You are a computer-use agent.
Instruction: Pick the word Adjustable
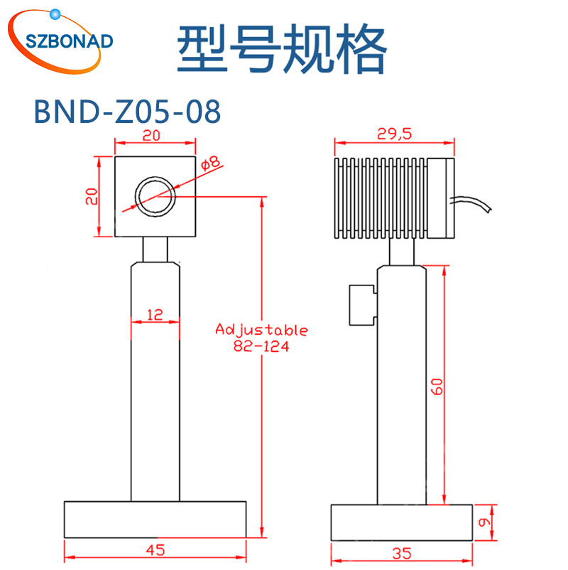coord(261,330)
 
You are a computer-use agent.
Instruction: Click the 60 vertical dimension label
coord(437,386)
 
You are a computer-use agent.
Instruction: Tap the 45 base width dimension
coord(155,549)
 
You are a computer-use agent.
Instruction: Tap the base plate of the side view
coord(402,521)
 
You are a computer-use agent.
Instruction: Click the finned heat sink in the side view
coord(381,197)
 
